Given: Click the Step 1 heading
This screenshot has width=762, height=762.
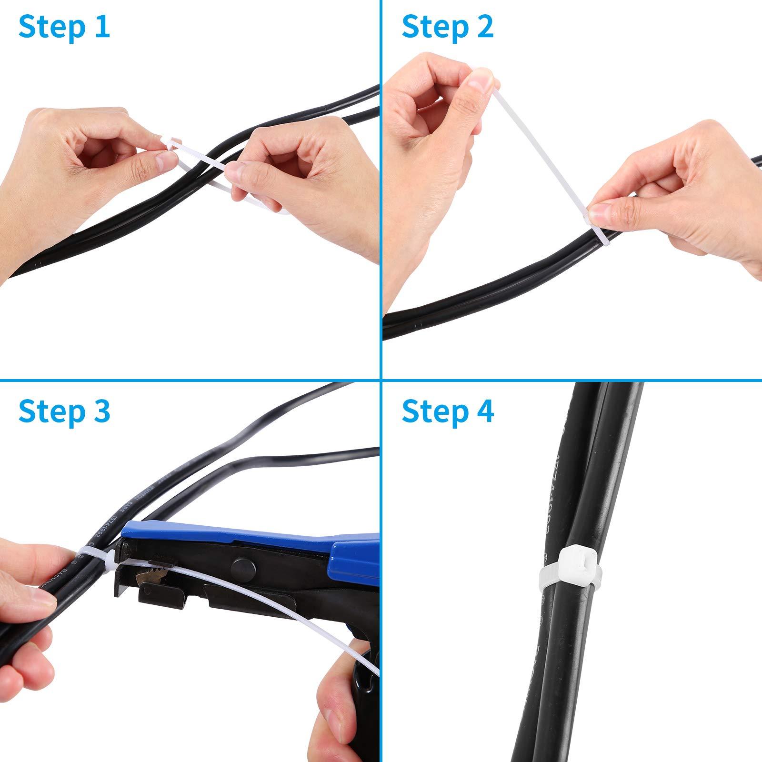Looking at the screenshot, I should tap(64, 27).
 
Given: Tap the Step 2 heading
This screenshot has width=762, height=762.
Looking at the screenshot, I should tap(448, 27).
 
